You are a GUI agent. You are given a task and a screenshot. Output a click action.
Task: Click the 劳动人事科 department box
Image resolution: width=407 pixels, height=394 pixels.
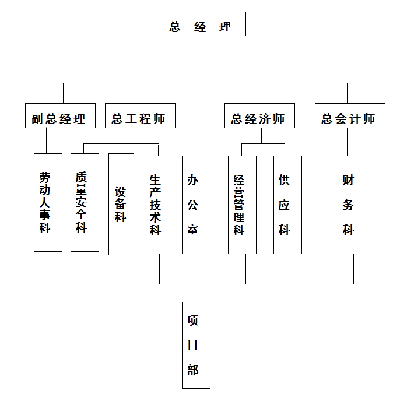(48, 202)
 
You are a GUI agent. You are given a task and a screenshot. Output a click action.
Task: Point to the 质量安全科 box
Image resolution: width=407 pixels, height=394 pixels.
(85, 202)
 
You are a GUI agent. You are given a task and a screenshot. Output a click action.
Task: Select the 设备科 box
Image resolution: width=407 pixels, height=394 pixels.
(121, 204)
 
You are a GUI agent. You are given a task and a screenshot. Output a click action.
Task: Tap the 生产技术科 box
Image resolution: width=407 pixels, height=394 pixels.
(159, 204)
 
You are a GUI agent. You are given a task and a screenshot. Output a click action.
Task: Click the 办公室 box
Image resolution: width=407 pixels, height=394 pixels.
(196, 204)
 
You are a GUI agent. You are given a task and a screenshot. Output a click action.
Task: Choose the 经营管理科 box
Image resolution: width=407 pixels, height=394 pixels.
(242, 204)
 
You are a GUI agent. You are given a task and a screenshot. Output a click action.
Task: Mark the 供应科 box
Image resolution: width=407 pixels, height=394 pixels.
(287, 204)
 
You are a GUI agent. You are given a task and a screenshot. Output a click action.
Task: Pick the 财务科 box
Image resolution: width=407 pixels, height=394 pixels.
(352, 204)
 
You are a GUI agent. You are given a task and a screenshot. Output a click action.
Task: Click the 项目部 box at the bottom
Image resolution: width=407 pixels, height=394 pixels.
(196, 345)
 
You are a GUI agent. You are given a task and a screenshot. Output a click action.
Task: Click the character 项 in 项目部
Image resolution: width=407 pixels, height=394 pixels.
(193, 321)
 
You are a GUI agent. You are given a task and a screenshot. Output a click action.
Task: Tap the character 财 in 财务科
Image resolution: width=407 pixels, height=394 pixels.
(349, 180)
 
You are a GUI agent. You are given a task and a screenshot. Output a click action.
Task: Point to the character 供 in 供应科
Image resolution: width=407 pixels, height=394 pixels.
(285, 180)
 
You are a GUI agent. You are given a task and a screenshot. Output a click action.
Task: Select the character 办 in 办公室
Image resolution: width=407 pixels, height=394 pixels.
(193, 180)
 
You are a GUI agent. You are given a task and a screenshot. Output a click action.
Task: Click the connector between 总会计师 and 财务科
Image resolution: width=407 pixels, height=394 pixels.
(348, 142)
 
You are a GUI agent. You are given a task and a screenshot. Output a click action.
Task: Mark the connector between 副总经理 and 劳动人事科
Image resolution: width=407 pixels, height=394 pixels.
(46, 140)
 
